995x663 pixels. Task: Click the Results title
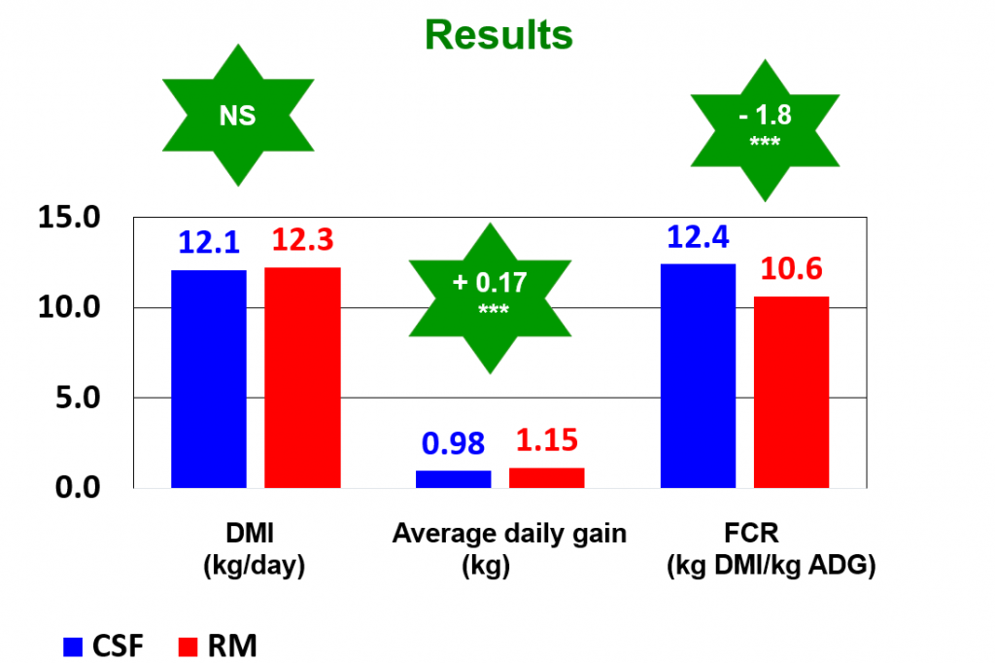click(x=498, y=35)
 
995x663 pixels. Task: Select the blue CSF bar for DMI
click(x=209, y=378)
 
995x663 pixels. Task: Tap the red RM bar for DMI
click(x=302, y=377)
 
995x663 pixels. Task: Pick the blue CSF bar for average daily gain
click(x=454, y=478)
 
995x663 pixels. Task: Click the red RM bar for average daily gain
click(x=547, y=477)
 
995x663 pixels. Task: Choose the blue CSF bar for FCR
click(x=698, y=375)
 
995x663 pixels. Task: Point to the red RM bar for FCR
click(x=791, y=392)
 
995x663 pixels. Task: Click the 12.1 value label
click(x=209, y=243)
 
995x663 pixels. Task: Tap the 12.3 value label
click(x=304, y=240)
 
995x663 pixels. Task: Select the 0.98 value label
click(x=454, y=443)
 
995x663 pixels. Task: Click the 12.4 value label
click(x=698, y=237)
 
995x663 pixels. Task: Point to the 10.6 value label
click(x=792, y=269)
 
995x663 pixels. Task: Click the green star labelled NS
click(x=237, y=117)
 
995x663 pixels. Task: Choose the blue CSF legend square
click(x=75, y=645)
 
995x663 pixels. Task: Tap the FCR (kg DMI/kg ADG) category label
click(x=771, y=549)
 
